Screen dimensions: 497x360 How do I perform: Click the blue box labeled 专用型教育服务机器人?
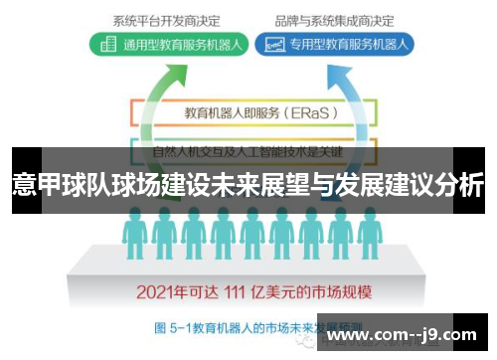(336, 45)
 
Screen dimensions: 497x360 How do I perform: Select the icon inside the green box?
(106, 45)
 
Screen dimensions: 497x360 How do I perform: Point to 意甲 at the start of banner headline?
(35, 184)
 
